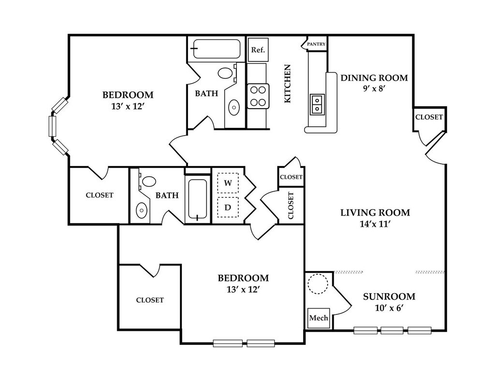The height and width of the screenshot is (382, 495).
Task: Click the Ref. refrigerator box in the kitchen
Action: tap(258, 50)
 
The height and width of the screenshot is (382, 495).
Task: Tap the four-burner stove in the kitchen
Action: tap(258, 96)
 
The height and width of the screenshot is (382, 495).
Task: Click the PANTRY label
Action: tap(316, 44)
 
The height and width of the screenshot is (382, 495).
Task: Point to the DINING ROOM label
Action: tap(374, 78)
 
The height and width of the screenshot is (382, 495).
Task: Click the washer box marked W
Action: tap(228, 183)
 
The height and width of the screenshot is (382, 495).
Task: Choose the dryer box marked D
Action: tap(228, 207)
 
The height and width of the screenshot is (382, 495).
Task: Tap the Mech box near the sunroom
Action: tap(319, 318)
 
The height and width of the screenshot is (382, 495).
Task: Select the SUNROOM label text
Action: tap(389, 297)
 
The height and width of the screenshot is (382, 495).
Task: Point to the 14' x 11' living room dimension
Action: tap(375, 224)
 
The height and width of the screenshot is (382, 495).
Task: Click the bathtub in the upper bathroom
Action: tap(216, 49)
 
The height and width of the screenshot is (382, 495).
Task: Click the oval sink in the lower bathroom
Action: tap(142, 209)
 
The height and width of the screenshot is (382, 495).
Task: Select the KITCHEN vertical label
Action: tap(287, 84)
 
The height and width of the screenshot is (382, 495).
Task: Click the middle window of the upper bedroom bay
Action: tap(52, 126)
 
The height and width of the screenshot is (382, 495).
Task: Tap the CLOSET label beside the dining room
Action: tap(429, 117)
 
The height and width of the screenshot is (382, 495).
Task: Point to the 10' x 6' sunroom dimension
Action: tap(390, 308)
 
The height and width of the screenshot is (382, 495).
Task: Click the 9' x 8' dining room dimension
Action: tap(375, 89)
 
